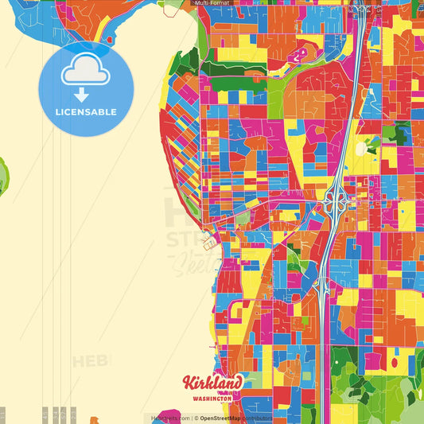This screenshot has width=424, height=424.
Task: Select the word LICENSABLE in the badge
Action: coord(86,112)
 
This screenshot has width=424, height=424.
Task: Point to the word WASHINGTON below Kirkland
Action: coord(211,398)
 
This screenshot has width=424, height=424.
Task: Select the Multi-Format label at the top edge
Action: coord(213,3)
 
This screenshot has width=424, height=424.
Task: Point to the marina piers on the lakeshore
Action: coord(209,237)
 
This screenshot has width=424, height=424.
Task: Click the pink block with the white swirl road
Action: coord(299,54)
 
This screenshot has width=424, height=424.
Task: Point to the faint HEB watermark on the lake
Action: coord(91,362)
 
